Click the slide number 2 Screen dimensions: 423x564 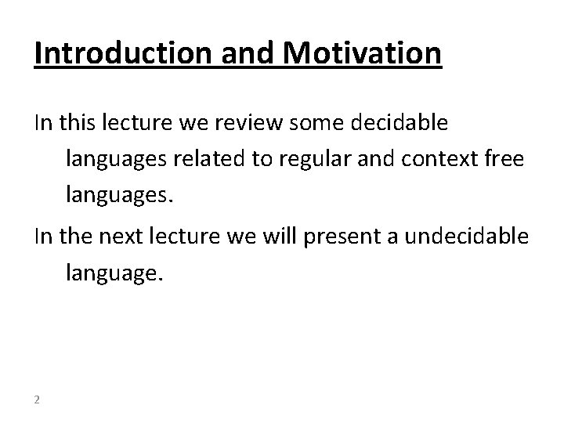(x=38, y=399)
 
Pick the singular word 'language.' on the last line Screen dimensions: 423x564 (x=115, y=274)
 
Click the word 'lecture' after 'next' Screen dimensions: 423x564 (x=188, y=237)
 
